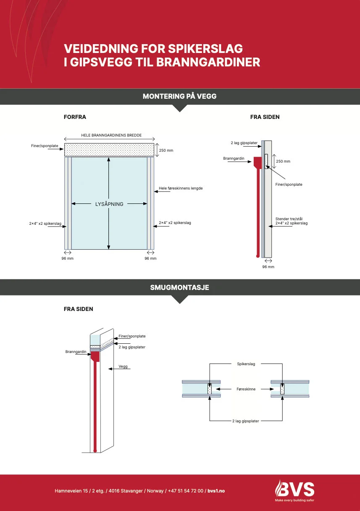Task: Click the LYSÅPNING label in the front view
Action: [109, 204]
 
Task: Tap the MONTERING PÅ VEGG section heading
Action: [179, 96]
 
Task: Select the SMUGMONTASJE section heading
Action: [179, 288]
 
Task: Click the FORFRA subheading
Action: [75, 117]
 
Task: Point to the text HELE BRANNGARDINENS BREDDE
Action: [111, 135]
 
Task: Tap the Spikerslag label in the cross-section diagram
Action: [246, 364]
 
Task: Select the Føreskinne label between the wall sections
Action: [246, 389]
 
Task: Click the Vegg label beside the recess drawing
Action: [123, 366]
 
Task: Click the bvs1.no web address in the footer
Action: [216, 491]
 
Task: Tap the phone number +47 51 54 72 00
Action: [186, 491]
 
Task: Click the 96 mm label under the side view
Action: [268, 267]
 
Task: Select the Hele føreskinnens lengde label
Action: [181, 188]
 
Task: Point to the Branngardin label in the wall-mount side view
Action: [234, 158]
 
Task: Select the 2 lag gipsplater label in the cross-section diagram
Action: [246, 421]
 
